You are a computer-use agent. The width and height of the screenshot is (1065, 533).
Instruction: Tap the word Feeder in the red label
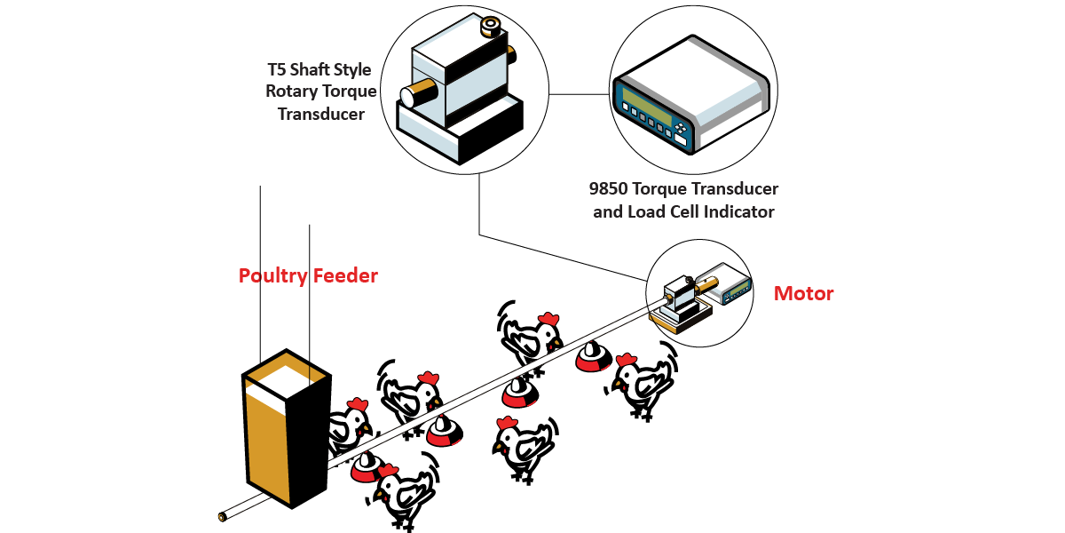[x=344, y=276]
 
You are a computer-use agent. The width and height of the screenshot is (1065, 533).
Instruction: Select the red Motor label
[x=804, y=293]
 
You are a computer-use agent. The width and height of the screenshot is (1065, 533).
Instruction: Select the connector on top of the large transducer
[x=491, y=27]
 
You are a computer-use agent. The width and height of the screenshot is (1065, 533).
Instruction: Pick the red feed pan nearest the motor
[x=591, y=357]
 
